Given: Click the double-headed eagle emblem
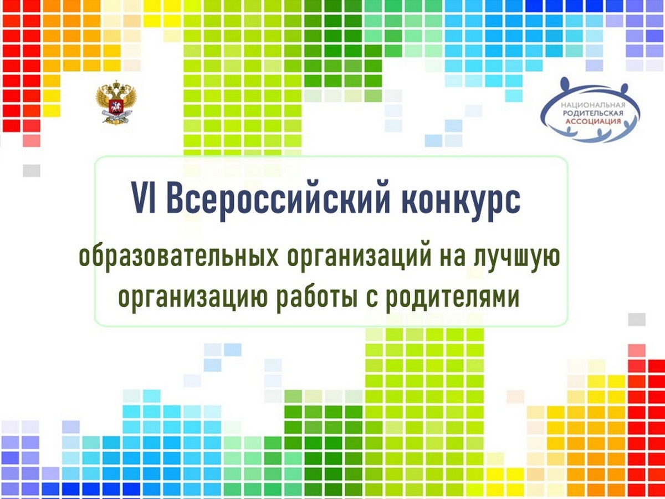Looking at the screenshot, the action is [x=116, y=101].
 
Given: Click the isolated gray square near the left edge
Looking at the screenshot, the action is [x=32, y=171].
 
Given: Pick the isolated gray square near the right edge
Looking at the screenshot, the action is [x=637, y=320].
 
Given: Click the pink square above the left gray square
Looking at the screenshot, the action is [x=32, y=141].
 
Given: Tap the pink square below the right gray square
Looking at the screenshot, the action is [x=637, y=350].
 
